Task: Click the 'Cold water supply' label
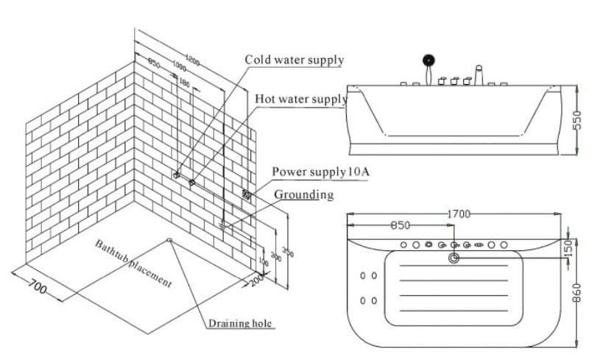point(294,59)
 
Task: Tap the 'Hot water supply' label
point(300,99)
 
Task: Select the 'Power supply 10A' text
point(320,172)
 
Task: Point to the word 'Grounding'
point(303,195)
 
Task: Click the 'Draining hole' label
point(241,324)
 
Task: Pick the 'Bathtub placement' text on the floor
point(133,263)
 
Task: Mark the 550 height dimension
point(578,121)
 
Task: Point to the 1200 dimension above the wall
point(194,60)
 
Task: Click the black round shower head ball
point(427,60)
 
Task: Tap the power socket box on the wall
point(246,194)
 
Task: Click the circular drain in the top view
point(453,258)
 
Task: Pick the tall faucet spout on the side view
point(478,74)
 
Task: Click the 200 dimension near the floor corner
point(256,280)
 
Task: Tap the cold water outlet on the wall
point(176,175)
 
